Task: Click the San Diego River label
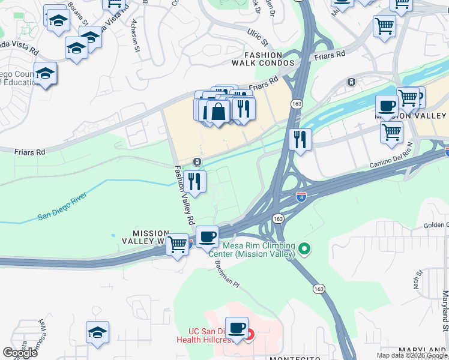pos(62,206)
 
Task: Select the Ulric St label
pos(257,37)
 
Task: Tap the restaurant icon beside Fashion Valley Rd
pos(194,180)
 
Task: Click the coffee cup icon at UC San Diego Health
pos(237,327)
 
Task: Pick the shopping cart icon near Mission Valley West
pos(178,244)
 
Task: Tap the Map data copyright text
pos(411,355)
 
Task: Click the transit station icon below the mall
pos(197,161)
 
